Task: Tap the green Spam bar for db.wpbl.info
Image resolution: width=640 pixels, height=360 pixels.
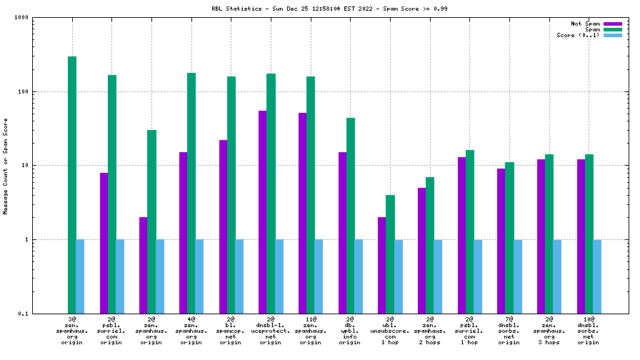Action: click(351, 215)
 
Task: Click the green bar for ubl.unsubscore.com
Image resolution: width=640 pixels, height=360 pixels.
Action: click(390, 254)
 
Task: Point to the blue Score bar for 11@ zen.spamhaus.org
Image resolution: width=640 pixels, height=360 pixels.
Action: click(319, 276)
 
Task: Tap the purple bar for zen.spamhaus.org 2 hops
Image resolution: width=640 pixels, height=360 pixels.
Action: click(422, 250)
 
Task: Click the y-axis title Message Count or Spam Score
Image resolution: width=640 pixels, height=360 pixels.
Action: click(6, 166)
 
